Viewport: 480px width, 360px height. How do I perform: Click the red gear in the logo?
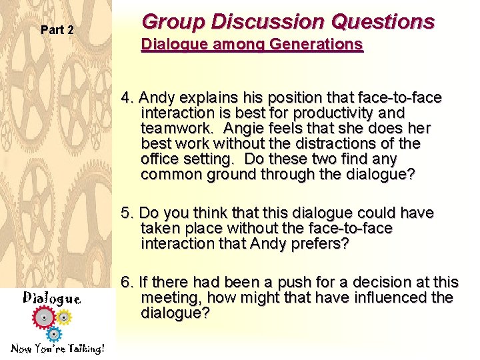(45, 318)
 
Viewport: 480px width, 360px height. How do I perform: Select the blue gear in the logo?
(55, 333)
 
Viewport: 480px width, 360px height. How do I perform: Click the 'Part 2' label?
(57, 30)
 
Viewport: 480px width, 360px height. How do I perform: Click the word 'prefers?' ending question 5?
(318, 243)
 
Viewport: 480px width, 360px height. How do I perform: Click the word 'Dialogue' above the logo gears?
(52, 299)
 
